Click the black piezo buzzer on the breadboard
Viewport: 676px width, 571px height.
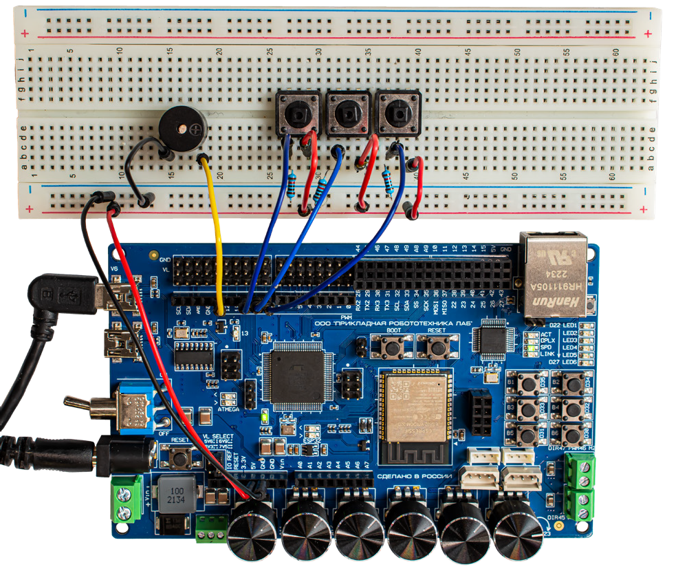[x=182, y=129]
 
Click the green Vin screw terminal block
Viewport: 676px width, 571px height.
[x=127, y=499]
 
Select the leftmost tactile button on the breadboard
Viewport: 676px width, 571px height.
[x=298, y=113]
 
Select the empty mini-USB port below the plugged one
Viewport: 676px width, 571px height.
[x=116, y=342]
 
